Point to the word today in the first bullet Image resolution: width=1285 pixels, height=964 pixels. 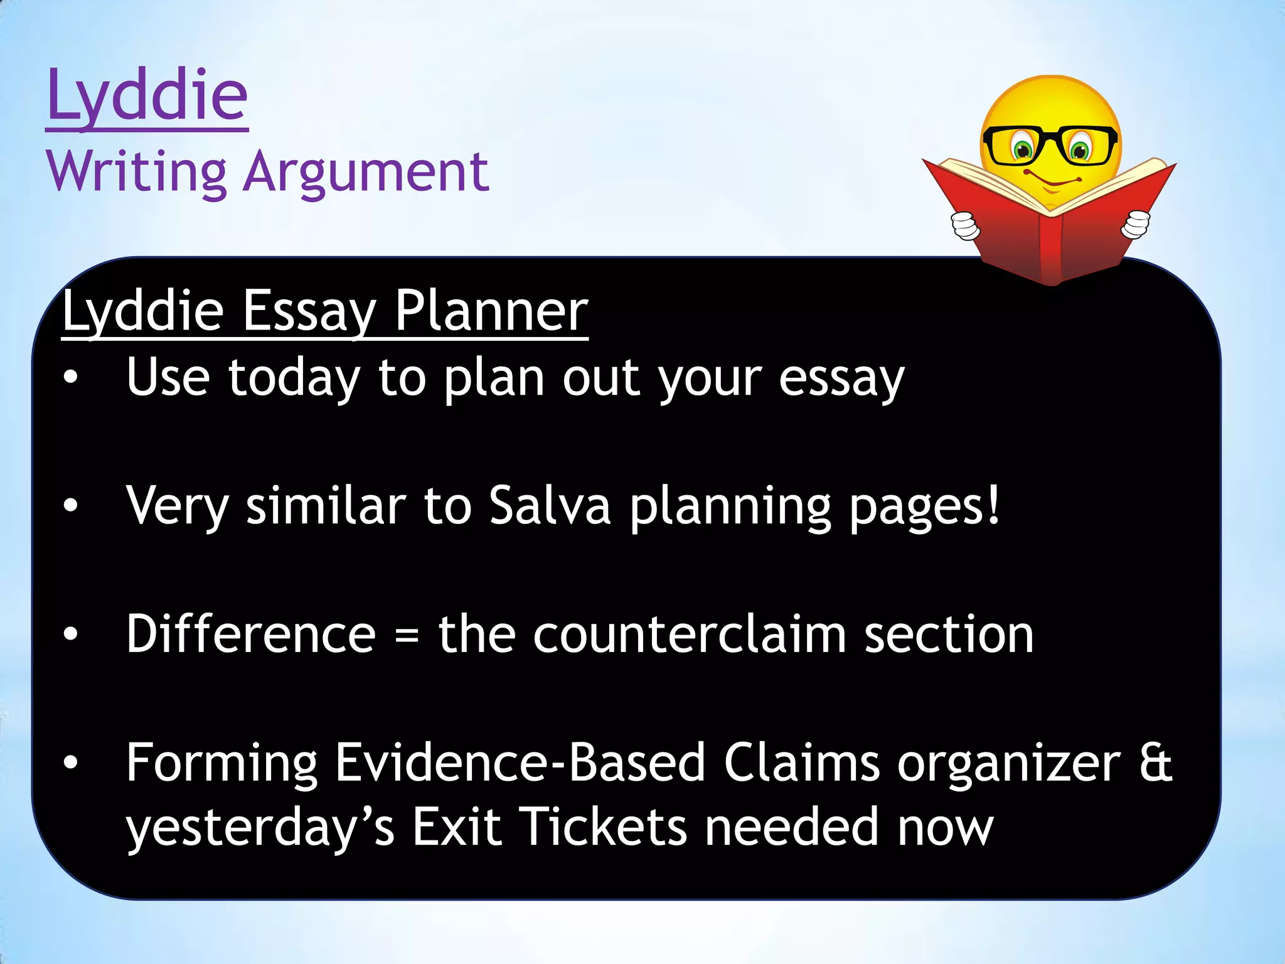click(x=294, y=378)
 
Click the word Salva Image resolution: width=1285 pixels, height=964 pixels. click(x=550, y=506)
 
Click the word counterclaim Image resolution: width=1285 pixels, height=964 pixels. click(x=690, y=635)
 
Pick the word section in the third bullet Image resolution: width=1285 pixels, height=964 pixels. click(x=949, y=635)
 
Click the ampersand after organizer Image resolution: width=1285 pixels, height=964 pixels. click(x=1155, y=763)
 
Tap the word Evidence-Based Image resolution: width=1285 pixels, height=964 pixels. click(x=521, y=763)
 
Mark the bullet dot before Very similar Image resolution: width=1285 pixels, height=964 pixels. click(x=70, y=505)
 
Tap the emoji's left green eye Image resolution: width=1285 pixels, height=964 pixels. click(x=1023, y=150)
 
